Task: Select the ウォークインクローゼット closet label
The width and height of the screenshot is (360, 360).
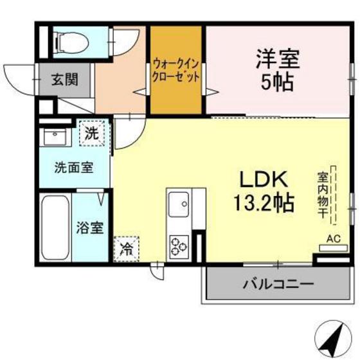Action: [x=175, y=69]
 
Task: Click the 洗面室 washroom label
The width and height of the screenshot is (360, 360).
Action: [x=73, y=168]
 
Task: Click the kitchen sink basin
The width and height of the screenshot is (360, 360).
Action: [x=179, y=205]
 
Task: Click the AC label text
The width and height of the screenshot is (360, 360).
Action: [x=332, y=239]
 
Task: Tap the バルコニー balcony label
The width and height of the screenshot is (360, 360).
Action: [x=278, y=283]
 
